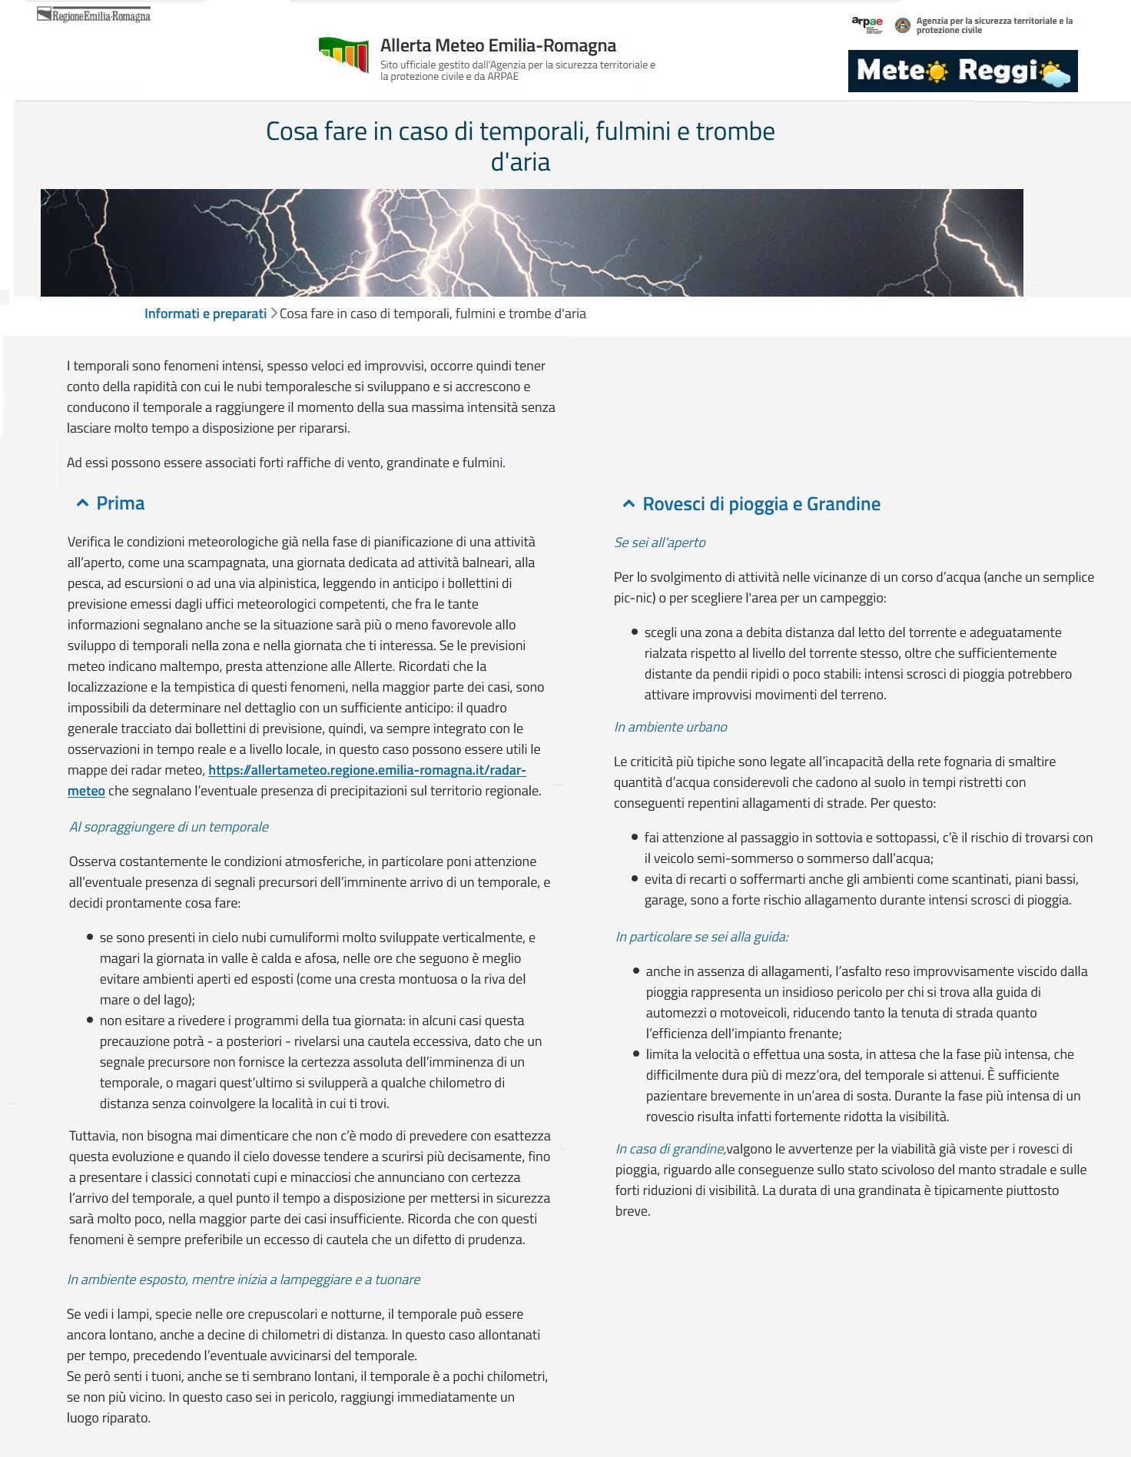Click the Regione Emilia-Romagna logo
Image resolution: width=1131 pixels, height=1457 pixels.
(x=94, y=15)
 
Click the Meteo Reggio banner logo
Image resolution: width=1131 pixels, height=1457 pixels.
(x=962, y=71)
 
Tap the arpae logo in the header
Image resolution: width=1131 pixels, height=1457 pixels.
(x=867, y=24)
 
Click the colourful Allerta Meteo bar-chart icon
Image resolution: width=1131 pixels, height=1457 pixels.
(x=343, y=55)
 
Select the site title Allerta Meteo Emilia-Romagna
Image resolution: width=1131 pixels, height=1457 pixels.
(x=498, y=46)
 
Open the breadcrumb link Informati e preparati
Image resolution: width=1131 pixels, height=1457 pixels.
(x=205, y=314)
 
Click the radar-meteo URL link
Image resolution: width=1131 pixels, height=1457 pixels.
(x=366, y=770)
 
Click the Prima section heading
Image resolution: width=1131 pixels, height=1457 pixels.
(x=121, y=503)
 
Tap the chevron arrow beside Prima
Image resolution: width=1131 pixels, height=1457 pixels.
(x=82, y=503)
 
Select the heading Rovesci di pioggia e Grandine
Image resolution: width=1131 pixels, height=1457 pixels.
(x=761, y=504)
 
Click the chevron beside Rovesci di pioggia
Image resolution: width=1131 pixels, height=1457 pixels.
(x=629, y=504)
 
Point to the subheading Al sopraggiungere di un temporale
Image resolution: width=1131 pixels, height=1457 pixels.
(x=169, y=827)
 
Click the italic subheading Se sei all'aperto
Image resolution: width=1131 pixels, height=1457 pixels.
(x=659, y=543)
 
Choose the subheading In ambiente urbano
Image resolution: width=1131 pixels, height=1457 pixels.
(x=670, y=727)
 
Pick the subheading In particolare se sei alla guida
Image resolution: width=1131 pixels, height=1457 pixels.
(x=701, y=937)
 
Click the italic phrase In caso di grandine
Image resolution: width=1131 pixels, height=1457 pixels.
(x=670, y=1149)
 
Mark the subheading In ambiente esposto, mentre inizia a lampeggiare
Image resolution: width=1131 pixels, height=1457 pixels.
(x=244, y=1279)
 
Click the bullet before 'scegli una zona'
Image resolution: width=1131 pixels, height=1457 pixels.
(x=635, y=632)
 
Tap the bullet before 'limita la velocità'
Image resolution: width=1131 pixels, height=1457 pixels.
(x=636, y=1054)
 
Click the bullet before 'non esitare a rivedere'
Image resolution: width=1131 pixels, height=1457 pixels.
(x=90, y=1021)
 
